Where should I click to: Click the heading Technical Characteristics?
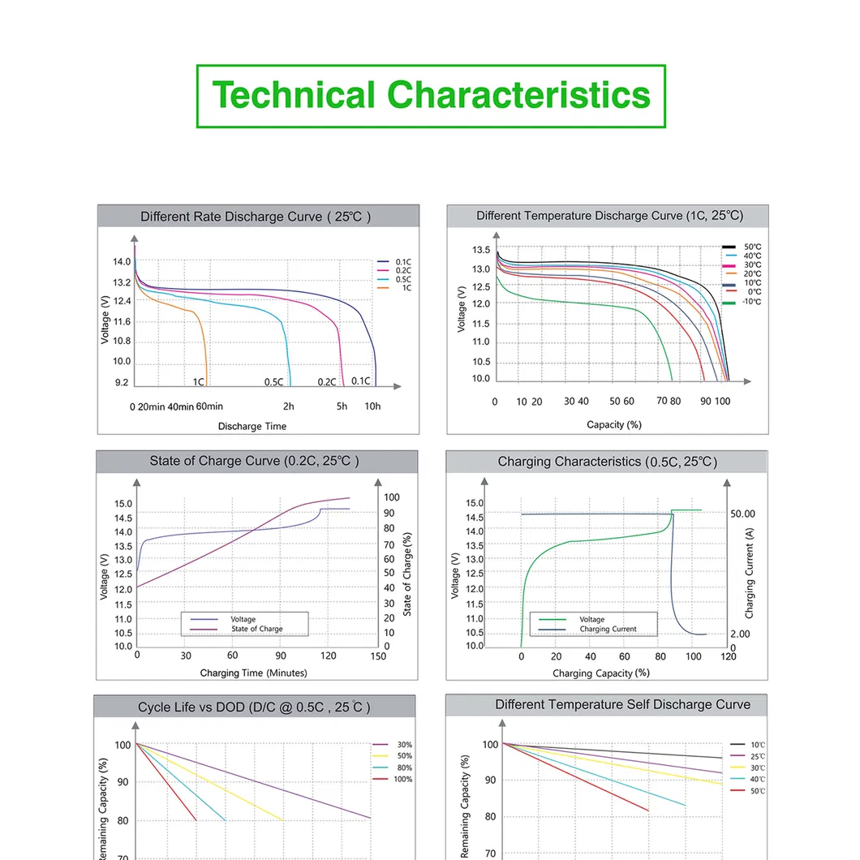431,96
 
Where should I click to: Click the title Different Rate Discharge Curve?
256,217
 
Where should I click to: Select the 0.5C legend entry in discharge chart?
402,279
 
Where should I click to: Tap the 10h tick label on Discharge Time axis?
372,406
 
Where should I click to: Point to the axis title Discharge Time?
252,426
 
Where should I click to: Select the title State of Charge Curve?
254,461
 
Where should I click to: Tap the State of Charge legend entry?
256,629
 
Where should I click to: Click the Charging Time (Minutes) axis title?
253,673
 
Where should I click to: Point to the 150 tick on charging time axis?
377,656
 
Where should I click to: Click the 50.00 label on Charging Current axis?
742,514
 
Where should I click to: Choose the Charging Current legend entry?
608,629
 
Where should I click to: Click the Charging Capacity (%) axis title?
601,673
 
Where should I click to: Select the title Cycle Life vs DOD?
254,707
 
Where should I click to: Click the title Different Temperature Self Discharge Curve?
622,704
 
